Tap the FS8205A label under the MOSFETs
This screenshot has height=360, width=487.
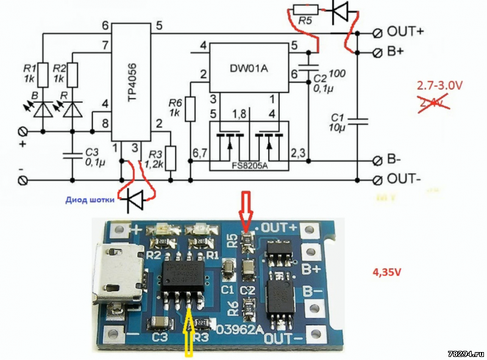[x=250, y=164]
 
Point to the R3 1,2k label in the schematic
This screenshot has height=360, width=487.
[x=154, y=160]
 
